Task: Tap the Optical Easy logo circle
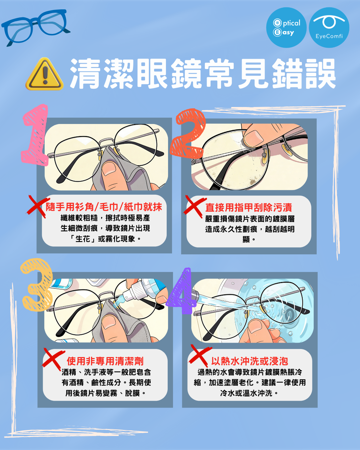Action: [x=286, y=27]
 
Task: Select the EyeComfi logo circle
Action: [x=329, y=27]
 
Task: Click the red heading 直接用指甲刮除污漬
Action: [x=249, y=207]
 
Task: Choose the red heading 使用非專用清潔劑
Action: [x=105, y=361]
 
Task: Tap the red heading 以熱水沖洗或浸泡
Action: [x=250, y=361]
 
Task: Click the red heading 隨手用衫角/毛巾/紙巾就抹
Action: [x=104, y=207]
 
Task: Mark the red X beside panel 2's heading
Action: [x=194, y=206]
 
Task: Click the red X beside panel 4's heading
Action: [x=200, y=355]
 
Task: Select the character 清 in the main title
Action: [x=85, y=74]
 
